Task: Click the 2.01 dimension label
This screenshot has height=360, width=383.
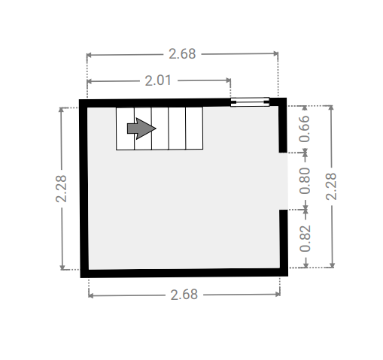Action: (x=158, y=80)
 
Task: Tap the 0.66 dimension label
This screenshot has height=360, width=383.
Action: (x=305, y=129)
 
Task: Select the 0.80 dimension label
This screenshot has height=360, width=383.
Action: (x=305, y=181)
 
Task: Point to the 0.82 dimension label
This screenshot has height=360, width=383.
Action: (x=305, y=238)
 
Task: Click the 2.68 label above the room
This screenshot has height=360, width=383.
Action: (x=182, y=54)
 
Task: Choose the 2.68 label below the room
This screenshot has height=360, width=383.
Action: (x=184, y=295)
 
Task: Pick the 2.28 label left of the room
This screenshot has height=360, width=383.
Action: (x=61, y=189)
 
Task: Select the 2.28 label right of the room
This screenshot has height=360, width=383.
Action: (x=331, y=186)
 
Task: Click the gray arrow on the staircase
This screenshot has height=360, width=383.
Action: (x=141, y=129)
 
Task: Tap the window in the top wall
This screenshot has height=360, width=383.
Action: (x=250, y=102)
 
